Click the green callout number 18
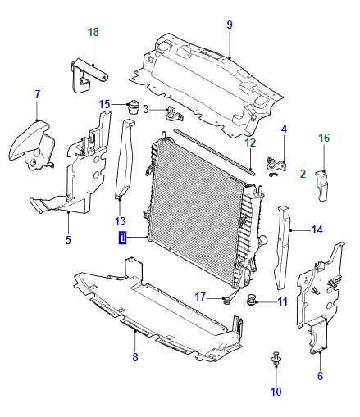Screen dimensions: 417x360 click(93, 33)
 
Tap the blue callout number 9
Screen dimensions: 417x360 click(230, 25)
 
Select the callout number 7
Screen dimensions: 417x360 click(37, 94)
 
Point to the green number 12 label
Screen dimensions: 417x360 click(250, 143)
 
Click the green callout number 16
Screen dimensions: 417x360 click(324, 138)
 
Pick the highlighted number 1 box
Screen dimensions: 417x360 click(123, 239)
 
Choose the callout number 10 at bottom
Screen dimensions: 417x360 click(276, 392)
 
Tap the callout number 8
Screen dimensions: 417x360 click(135, 357)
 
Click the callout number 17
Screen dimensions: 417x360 click(200, 296)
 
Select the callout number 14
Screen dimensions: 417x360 click(317, 229)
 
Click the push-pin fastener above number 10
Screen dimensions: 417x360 click(275, 360)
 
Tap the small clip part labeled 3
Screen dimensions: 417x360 click(171, 113)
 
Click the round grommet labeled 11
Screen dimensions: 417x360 click(252, 298)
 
